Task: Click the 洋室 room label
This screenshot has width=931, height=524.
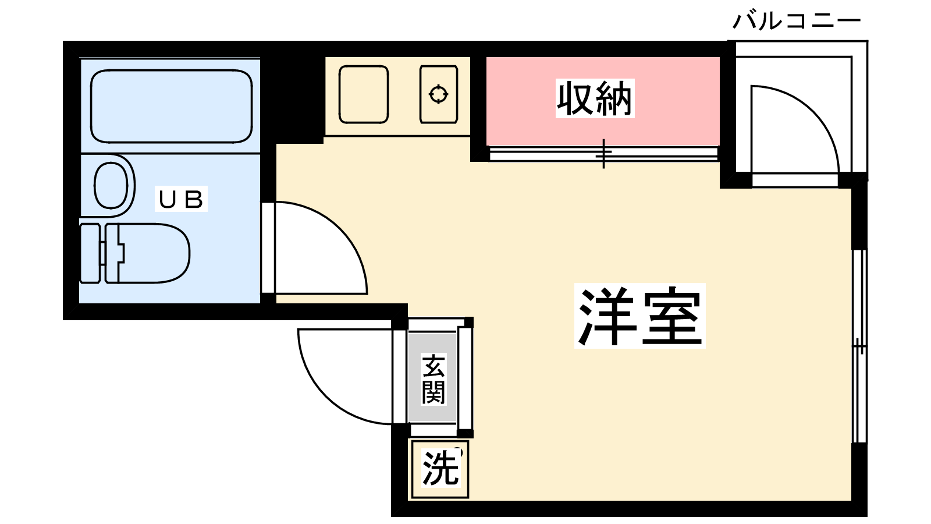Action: (x=639, y=316)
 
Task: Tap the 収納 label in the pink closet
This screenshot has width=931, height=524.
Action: (x=595, y=99)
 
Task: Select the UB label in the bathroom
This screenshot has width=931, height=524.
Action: (x=182, y=199)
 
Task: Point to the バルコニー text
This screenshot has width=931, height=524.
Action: (x=796, y=22)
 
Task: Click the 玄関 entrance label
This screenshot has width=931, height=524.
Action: (x=433, y=379)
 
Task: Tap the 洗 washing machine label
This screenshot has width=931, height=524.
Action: (x=440, y=469)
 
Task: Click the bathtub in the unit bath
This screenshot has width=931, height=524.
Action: (x=171, y=106)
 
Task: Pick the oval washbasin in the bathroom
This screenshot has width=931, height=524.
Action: (x=111, y=186)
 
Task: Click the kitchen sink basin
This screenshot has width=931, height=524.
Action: (x=363, y=94)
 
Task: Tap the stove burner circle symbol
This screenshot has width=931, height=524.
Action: (x=438, y=94)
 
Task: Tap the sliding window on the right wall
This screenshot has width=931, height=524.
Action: (x=859, y=346)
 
